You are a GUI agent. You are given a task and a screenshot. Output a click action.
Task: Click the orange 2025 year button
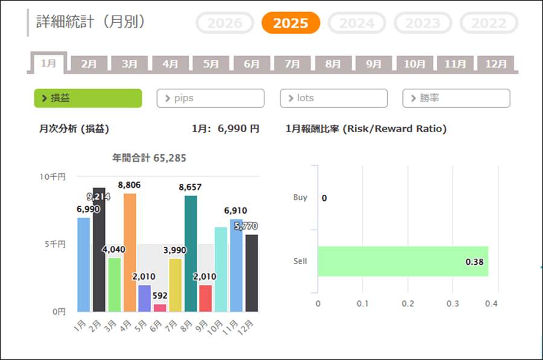(290, 23)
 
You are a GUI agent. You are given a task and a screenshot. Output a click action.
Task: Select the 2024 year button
(357, 23)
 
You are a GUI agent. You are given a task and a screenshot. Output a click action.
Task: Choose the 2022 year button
(489, 23)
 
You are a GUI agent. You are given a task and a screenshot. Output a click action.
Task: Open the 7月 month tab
(293, 63)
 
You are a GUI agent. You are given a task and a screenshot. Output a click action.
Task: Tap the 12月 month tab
(495, 63)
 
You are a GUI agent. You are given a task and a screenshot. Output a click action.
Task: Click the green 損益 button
(88, 98)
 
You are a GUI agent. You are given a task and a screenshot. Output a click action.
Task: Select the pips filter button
(211, 98)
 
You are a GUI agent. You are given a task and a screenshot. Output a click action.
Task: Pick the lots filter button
(334, 98)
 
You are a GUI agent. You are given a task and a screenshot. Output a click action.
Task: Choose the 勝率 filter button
(456, 98)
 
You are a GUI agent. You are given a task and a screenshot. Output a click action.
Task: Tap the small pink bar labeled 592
(160, 308)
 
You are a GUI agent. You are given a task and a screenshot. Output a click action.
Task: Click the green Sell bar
(402, 261)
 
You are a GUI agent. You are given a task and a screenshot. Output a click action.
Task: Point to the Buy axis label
(300, 197)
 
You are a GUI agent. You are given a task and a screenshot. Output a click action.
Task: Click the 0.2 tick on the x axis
(408, 303)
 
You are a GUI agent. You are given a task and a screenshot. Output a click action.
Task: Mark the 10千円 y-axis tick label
(53, 177)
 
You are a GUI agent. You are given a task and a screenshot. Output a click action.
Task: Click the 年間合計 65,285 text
(149, 159)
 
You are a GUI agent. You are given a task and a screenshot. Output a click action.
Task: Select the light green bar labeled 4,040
(115, 284)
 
